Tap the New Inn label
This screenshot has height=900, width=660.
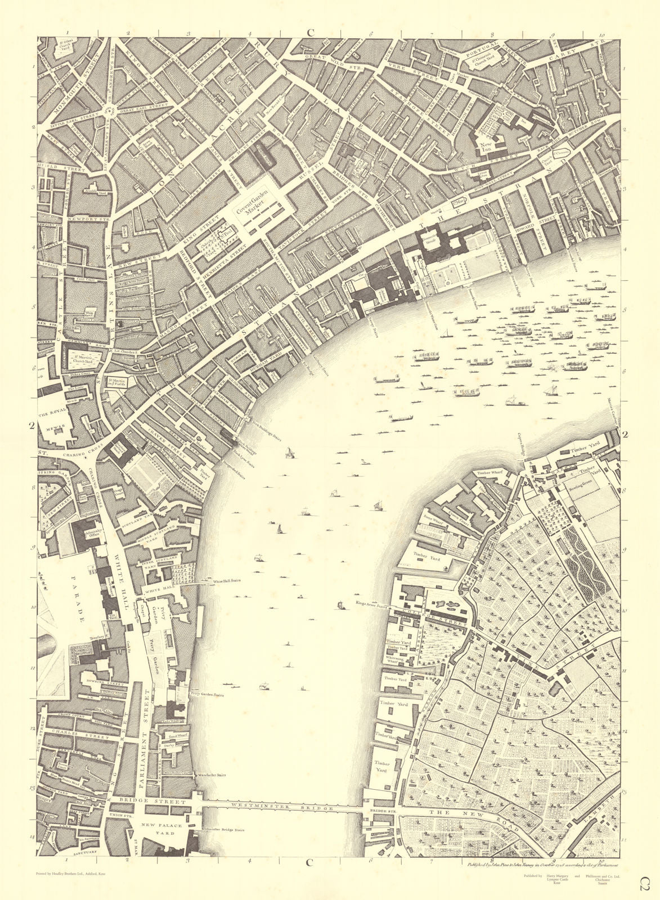[x=486, y=147]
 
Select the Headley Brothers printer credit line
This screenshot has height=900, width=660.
[x=69, y=874]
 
